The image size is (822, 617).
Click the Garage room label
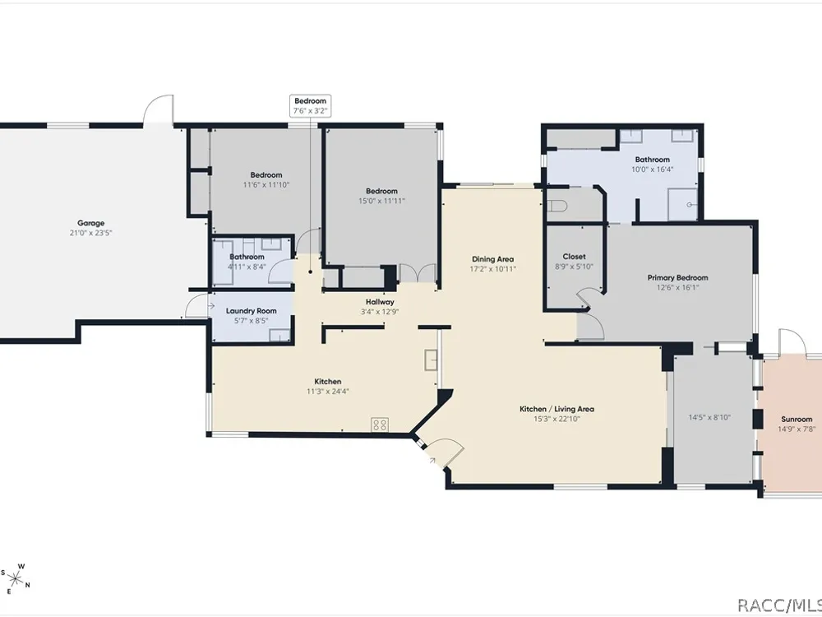[90, 223]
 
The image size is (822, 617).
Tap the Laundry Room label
[251, 311]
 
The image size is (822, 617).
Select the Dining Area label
[492, 259]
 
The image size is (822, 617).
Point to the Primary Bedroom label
[677, 278]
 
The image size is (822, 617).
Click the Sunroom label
[797, 420]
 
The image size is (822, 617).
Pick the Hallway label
[380, 302]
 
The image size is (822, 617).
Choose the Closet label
[574, 257]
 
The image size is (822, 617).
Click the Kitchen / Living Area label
[556, 409]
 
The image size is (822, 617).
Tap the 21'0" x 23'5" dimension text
[90, 233]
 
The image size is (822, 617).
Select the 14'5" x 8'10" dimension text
[709, 418]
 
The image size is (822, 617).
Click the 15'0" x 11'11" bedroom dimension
[381, 201]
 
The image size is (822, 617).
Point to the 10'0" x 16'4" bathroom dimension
[652, 169]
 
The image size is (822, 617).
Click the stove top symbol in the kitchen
[380, 424]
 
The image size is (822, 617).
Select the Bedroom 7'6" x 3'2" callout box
[311, 106]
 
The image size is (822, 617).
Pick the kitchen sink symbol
[431, 360]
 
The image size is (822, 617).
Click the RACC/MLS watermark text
[779, 605]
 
